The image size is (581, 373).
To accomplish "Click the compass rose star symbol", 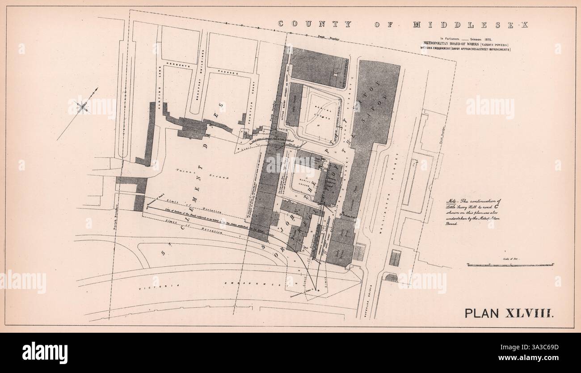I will click(x=82, y=106).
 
